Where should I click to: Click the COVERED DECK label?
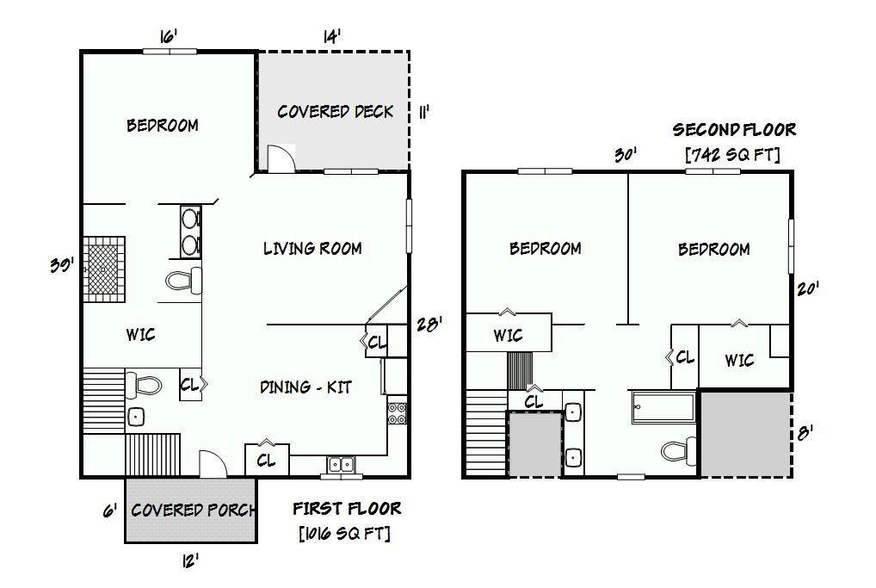335,112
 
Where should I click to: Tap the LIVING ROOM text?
312,249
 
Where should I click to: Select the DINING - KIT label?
305,387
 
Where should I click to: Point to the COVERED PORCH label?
193,510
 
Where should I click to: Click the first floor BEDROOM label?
162,126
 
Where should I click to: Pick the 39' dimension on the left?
60,265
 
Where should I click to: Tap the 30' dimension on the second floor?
626,155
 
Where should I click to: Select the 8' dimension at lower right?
806,433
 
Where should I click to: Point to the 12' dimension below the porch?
190,561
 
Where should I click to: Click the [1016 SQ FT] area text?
344,534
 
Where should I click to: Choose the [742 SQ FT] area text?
732,155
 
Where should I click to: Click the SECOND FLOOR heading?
734,130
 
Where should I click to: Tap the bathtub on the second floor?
663,407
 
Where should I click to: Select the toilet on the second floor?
679,450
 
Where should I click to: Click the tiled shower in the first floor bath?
103,269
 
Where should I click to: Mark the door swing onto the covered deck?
281,159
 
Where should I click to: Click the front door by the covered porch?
212,464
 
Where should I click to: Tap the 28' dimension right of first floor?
429,324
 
